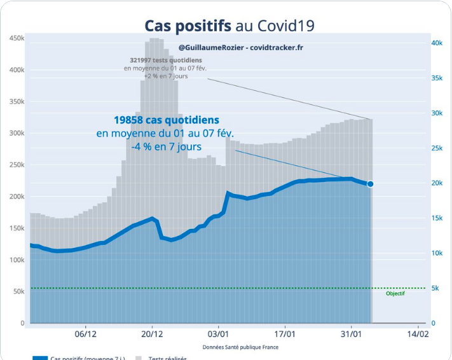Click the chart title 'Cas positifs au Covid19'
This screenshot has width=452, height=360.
[229, 25]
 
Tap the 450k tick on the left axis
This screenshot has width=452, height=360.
[17, 39]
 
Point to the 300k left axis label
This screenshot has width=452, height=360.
[17, 134]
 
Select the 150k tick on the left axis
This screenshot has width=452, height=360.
[17, 228]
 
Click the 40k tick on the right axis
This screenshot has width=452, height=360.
[437, 43]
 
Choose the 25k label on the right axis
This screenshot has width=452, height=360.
[437, 148]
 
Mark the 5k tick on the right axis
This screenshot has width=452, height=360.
[435, 288]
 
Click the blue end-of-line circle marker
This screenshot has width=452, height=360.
[371, 184]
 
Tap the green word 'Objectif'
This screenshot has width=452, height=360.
[395, 294]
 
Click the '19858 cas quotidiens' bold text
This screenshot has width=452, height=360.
[167, 120]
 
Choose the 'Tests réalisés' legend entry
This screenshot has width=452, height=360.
[166, 357]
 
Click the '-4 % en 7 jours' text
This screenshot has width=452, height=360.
[167, 147]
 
